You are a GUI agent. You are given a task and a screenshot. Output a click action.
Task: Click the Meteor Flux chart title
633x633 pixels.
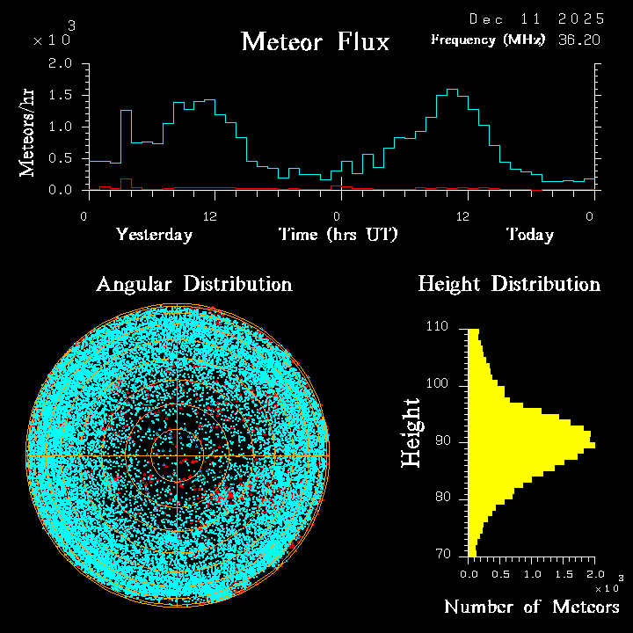pyautogui.click(x=315, y=41)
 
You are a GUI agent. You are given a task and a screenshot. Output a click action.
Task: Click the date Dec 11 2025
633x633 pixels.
pyautogui.click(x=536, y=18)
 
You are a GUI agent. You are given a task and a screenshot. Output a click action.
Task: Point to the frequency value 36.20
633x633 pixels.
pyautogui.click(x=579, y=40)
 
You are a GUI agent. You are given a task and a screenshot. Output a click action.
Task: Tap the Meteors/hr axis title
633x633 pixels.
pyautogui.click(x=28, y=132)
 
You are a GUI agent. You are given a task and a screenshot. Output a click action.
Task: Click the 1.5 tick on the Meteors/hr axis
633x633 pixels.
pyautogui.click(x=60, y=95)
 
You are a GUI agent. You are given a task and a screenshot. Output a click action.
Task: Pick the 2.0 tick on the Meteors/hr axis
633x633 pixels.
pyautogui.click(x=60, y=64)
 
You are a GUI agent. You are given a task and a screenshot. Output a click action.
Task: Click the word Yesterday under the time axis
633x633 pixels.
pyautogui.click(x=154, y=235)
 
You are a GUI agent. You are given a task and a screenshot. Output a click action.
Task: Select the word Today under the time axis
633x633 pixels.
pyautogui.click(x=529, y=235)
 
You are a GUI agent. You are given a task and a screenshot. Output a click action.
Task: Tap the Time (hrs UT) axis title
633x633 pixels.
pyautogui.click(x=338, y=235)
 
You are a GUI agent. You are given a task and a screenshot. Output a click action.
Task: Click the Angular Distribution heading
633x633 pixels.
pyautogui.click(x=194, y=284)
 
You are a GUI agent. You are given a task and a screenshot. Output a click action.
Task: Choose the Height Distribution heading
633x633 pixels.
pyautogui.click(x=509, y=284)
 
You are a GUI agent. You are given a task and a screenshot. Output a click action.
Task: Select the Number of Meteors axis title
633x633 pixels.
pyautogui.click(x=532, y=608)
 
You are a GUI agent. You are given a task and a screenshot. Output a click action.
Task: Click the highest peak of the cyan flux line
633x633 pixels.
pyautogui.click(x=452, y=90)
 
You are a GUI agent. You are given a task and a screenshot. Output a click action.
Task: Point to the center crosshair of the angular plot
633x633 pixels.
pyautogui.click(x=177, y=456)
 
